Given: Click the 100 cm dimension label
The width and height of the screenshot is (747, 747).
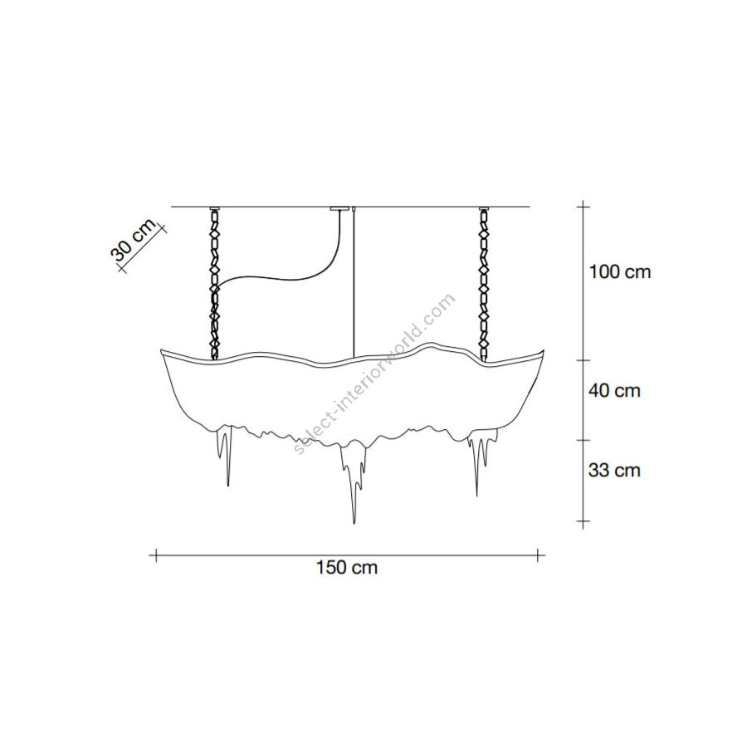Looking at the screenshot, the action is pos(620,272).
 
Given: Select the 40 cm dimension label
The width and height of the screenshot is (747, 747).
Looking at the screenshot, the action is pos(614,391).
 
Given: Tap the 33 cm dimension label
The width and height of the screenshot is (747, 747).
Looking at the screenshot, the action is pos(614,471).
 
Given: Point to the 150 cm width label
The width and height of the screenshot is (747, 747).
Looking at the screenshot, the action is pos(347,568).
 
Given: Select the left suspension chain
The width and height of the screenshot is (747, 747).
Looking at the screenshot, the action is pos(215,285).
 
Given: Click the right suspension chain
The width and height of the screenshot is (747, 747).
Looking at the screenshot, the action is pos(485,285).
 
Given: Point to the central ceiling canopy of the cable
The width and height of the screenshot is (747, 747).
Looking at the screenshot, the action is pos(339,208).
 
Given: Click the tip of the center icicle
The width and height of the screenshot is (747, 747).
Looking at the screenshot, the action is pos(354,524).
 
